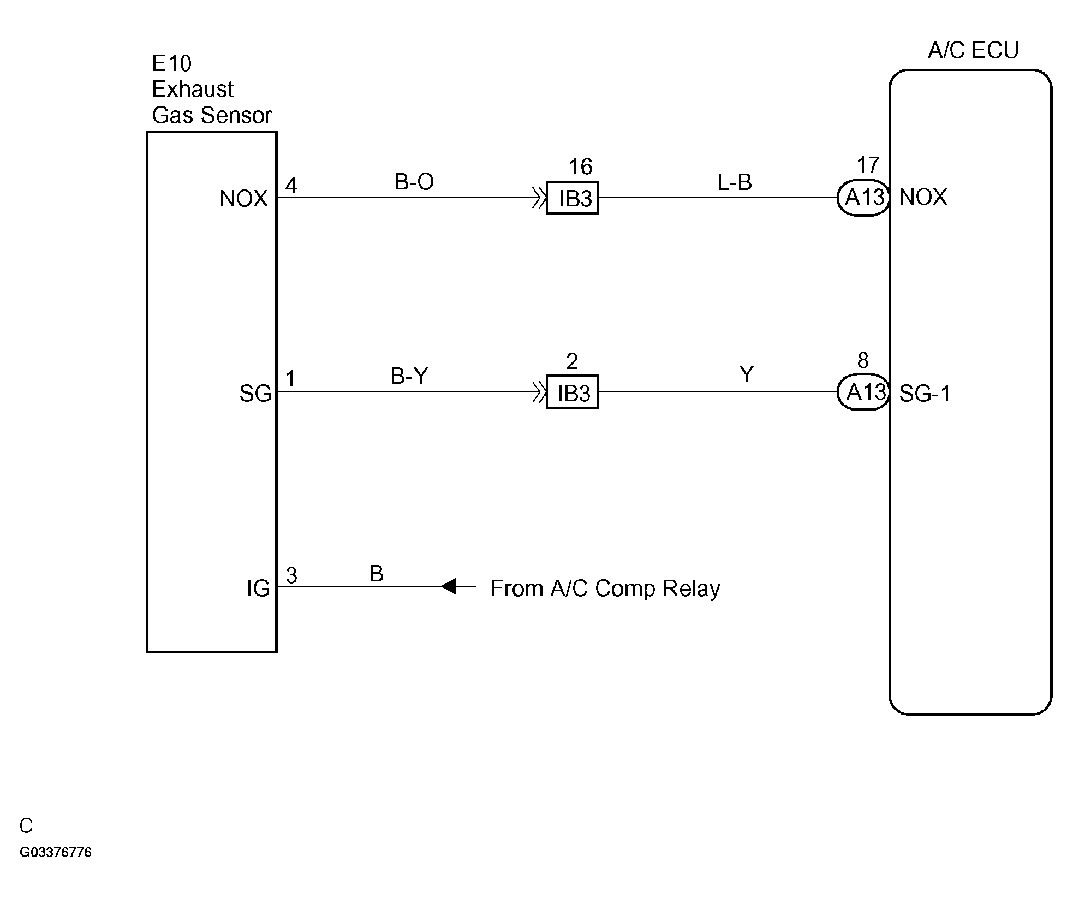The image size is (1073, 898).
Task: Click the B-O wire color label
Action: pos(414,182)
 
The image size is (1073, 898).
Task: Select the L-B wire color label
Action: pos(735,182)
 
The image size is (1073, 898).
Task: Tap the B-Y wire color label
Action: pos(409,376)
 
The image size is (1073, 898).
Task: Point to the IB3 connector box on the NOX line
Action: pos(573,198)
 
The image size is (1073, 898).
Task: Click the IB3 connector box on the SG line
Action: pos(573,392)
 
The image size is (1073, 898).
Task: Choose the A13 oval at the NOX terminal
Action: pos(863,198)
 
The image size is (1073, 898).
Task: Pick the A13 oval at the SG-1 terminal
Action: pos(863,392)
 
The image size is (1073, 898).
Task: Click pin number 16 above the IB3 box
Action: pos(581,166)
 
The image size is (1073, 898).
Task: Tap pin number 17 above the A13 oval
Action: pos(868,165)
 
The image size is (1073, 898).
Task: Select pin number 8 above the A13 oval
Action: pos(863,360)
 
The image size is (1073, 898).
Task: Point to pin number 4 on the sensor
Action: pos(291,186)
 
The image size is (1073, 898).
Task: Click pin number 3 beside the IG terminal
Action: pos(291,575)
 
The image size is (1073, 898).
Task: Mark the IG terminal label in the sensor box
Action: pos(258,588)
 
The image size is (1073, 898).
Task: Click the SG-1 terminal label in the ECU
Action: pos(925,394)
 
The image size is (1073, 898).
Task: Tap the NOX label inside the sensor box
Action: pos(243,199)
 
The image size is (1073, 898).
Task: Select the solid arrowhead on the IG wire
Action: pos(448,586)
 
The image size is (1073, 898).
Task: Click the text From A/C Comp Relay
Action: pos(605,588)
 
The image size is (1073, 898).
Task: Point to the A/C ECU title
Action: pos(973,50)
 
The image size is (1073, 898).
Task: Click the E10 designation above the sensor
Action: pos(171,64)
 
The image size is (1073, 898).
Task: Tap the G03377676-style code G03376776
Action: pos(56,852)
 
